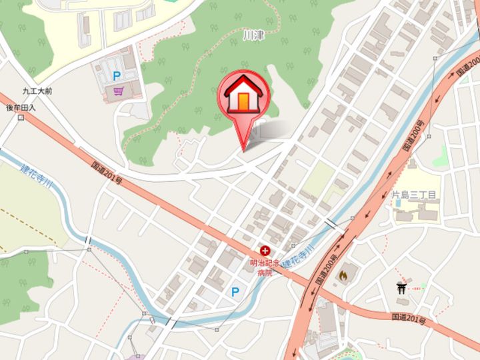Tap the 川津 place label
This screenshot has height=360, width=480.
(x=253, y=34)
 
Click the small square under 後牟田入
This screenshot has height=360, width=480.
(x=21, y=118)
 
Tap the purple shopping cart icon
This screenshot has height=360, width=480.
(x=118, y=91)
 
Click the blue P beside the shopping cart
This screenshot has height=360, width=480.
(x=117, y=76)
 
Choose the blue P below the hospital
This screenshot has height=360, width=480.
(x=235, y=291)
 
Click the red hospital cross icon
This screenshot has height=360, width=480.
(x=266, y=251)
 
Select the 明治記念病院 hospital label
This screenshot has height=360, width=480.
(x=266, y=267)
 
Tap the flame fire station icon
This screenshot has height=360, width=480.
(x=344, y=273)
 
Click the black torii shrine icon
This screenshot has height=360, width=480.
(x=401, y=288)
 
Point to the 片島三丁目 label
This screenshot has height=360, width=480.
(x=413, y=195)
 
